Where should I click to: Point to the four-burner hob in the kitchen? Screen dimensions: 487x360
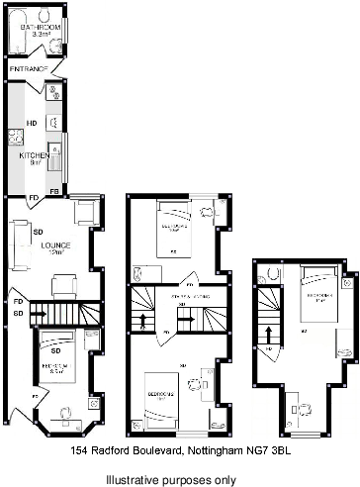(x=15, y=140)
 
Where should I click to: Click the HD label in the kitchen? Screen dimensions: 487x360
(x=32, y=124)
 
